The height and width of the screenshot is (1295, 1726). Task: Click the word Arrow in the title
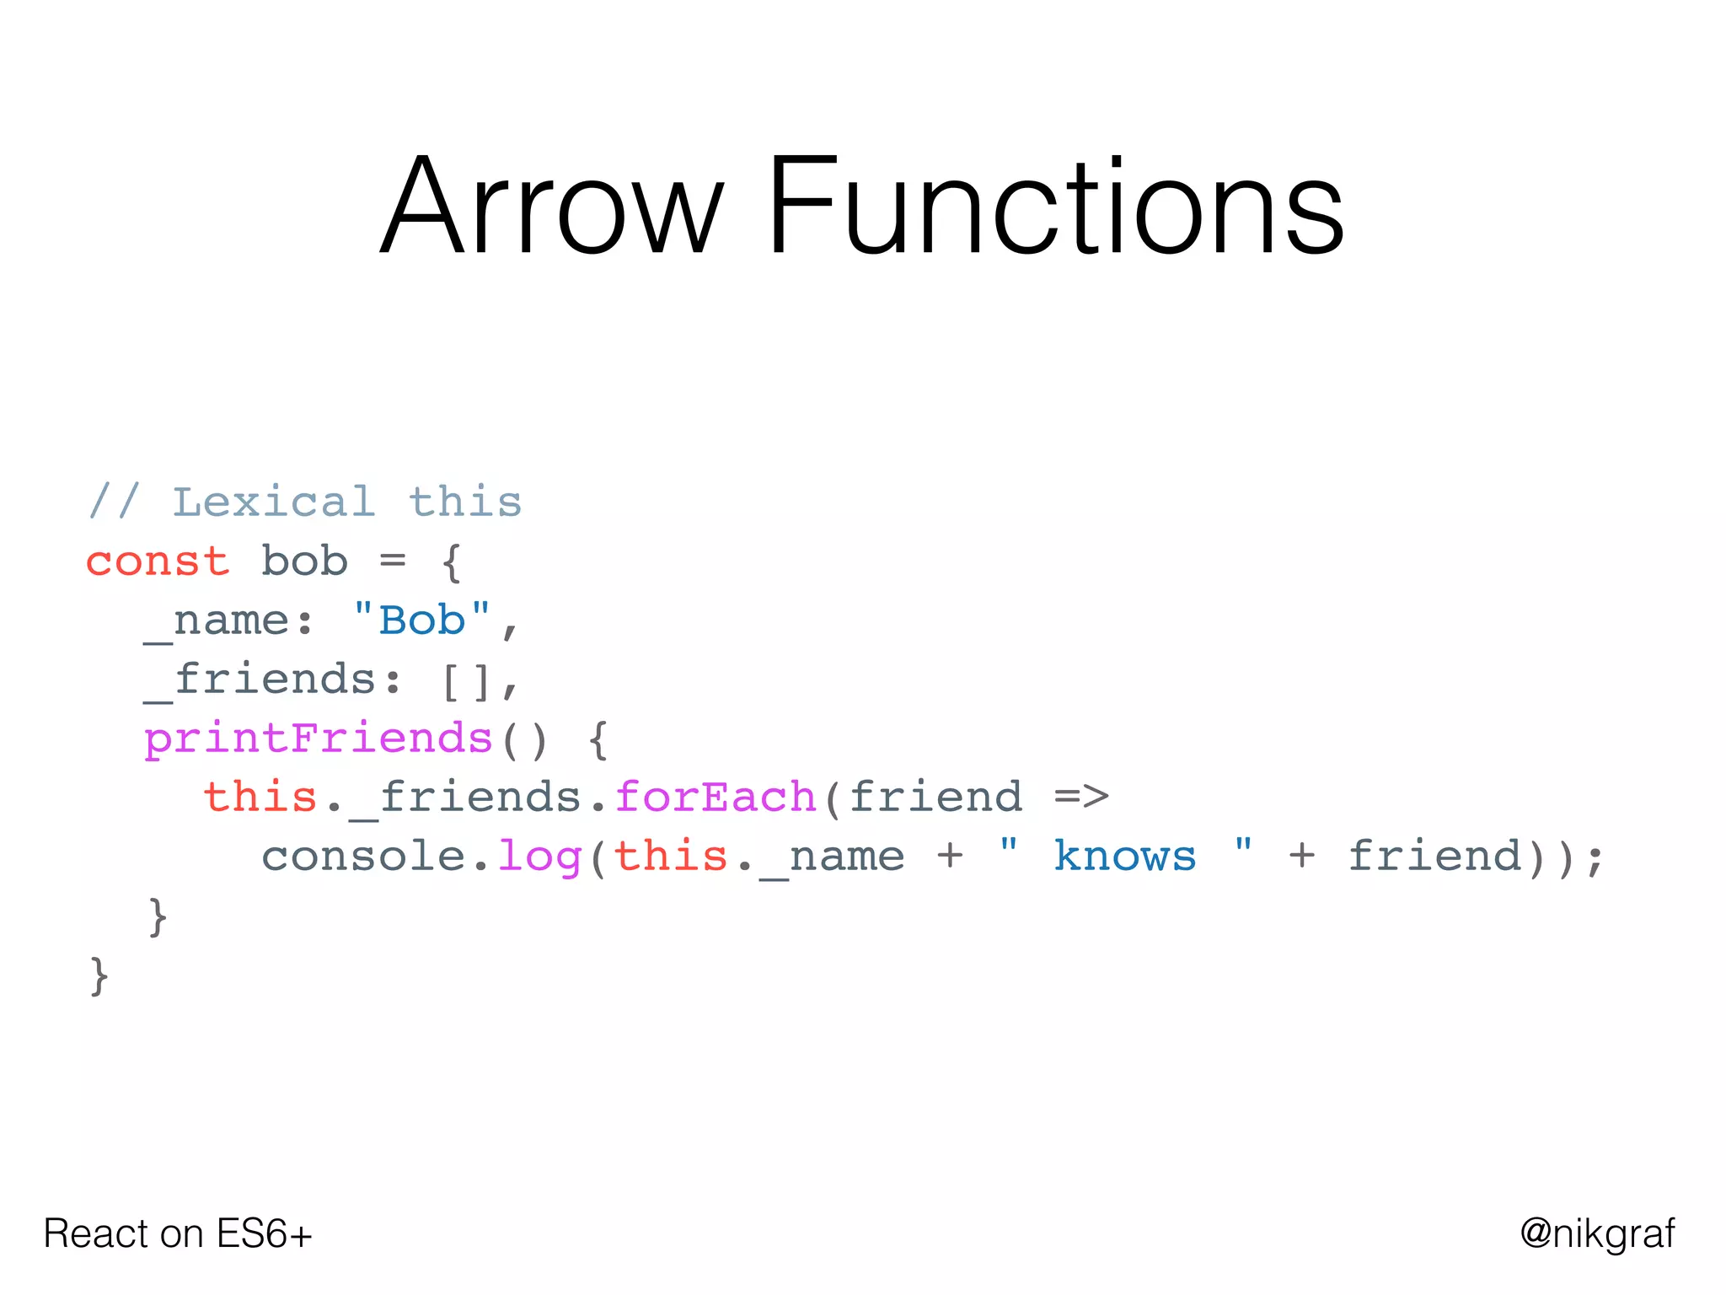(552, 207)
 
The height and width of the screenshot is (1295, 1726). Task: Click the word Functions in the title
(1054, 207)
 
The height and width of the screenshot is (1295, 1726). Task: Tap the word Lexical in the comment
(274, 502)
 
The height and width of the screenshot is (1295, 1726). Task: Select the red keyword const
(158, 562)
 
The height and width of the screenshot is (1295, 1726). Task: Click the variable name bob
(304, 562)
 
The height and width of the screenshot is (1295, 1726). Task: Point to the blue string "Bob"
(421, 621)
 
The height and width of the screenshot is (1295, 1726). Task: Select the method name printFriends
(318, 739)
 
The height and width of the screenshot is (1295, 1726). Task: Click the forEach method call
(716, 798)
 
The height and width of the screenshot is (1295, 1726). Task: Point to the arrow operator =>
(1081, 797)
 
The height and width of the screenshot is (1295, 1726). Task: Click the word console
(363, 857)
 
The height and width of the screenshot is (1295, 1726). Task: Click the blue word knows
(1124, 856)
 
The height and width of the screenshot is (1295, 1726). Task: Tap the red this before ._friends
(260, 797)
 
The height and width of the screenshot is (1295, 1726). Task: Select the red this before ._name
(671, 856)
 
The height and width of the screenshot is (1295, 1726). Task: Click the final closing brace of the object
(99, 975)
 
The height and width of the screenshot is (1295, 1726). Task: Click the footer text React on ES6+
(178, 1233)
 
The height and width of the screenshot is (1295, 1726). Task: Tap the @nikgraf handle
(1597, 1233)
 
